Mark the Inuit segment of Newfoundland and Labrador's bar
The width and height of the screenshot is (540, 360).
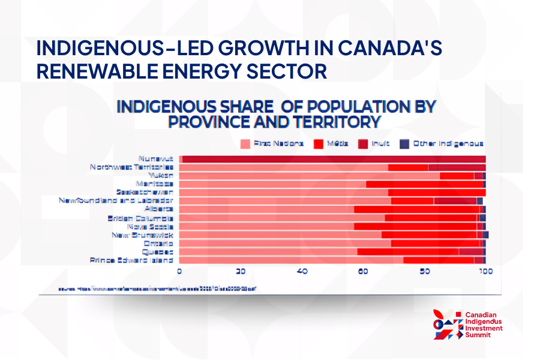[455, 201]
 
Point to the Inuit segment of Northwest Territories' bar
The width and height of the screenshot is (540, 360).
[456, 167]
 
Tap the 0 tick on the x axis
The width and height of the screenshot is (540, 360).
[179, 272]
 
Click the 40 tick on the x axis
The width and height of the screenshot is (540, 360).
[302, 272]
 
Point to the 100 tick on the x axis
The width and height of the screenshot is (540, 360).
[485, 272]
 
